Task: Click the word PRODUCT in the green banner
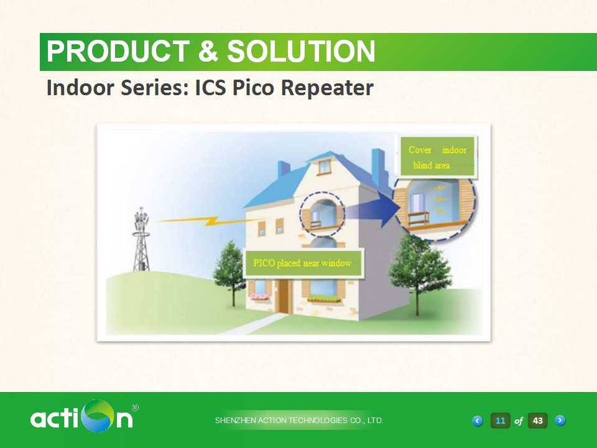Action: point(118,52)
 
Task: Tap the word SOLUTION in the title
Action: point(301,52)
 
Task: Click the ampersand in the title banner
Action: point(208,52)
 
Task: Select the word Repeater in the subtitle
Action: point(327,88)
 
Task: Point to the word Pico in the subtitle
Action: point(253,87)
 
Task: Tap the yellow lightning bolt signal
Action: point(206,220)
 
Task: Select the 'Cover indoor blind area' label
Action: point(437,157)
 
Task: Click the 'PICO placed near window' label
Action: point(303,263)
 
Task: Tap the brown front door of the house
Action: point(284,296)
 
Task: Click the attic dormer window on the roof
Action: point(324,167)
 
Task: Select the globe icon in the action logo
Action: point(99,416)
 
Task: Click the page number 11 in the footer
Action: point(500,421)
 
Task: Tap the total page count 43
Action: point(537,421)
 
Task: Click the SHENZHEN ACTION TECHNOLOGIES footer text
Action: point(299,421)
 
